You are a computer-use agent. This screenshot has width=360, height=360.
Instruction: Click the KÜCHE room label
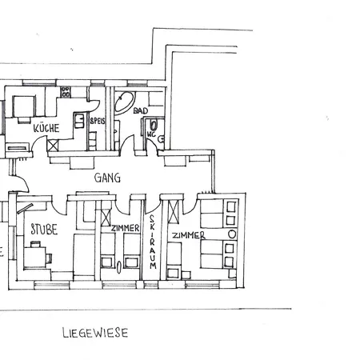click(x=46, y=128)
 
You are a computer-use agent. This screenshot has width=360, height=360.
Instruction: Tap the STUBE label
click(x=44, y=230)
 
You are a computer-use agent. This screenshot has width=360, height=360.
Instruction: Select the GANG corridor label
click(x=107, y=178)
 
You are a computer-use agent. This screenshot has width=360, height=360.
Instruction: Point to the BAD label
click(x=141, y=110)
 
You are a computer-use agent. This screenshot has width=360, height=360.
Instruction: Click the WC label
click(x=151, y=134)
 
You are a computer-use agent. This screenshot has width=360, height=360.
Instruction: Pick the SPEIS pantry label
click(x=98, y=121)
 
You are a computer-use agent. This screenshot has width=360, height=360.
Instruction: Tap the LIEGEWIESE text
click(x=95, y=333)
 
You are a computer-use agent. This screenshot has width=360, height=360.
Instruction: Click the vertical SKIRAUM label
click(x=153, y=242)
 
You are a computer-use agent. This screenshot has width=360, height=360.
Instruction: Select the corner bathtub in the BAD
click(x=124, y=103)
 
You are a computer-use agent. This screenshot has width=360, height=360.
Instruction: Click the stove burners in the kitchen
click(x=66, y=92)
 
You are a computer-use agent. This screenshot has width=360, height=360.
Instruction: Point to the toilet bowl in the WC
click(x=154, y=125)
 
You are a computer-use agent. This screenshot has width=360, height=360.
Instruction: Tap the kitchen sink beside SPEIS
click(x=79, y=121)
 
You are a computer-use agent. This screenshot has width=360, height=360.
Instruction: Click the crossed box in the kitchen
click(x=53, y=146)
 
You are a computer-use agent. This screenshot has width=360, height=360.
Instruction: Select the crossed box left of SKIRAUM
click(x=106, y=218)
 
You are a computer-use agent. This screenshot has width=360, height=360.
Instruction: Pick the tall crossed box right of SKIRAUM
click(x=174, y=211)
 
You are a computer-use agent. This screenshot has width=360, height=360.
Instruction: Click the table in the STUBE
click(x=34, y=257)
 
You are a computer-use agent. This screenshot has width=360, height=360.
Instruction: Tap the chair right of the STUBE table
click(x=49, y=258)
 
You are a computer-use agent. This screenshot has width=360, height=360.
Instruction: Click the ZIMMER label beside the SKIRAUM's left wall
click(x=126, y=228)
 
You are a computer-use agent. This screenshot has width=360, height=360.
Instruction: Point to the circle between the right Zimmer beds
click(x=232, y=234)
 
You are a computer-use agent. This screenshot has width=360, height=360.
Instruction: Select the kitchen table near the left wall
click(x=24, y=106)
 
